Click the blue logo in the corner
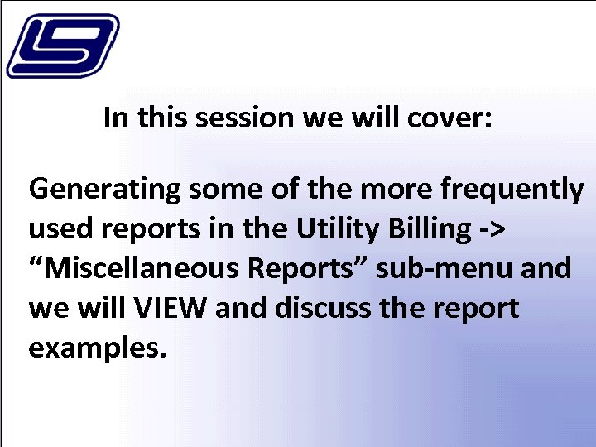[62, 46]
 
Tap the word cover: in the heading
[450, 118]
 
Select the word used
[56, 229]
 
